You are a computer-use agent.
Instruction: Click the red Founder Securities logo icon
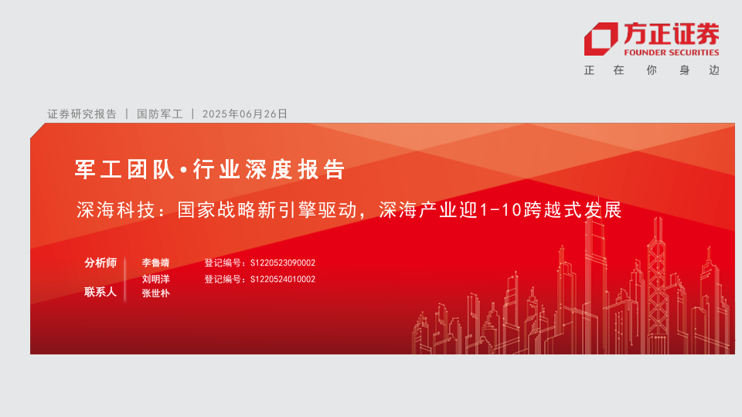(x=601, y=39)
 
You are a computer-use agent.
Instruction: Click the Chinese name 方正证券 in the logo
(x=672, y=33)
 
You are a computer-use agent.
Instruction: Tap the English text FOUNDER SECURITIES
(x=672, y=53)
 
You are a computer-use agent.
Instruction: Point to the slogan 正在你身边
(x=652, y=70)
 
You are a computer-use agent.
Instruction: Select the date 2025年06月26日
(x=245, y=114)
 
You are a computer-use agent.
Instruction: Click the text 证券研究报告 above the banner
(x=82, y=114)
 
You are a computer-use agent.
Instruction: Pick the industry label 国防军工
(x=159, y=114)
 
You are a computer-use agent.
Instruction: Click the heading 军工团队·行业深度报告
(x=209, y=169)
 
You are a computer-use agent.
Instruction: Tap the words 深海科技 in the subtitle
(x=116, y=210)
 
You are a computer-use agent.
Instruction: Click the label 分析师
(x=100, y=263)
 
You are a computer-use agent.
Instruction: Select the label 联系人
(x=100, y=292)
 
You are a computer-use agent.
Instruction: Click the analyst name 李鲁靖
(x=155, y=263)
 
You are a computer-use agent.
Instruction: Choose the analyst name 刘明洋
(x=155, y=280)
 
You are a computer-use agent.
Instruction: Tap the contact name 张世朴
(x=155, y=293)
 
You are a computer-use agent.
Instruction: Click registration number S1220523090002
(x=283, y=263)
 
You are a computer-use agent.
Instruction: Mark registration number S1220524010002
(x=283, y=280)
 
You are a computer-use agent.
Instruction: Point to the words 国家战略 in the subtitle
(x=216, y=210)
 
